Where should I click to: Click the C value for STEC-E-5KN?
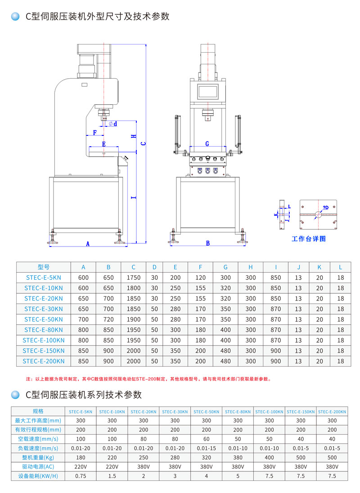tap(134, 278)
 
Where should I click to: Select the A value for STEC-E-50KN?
tap(84, 319)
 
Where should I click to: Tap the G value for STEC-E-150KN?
tap(225, 350)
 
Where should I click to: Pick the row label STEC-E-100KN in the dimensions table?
tap(44, 340)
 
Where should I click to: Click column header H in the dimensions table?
tap(251, 267)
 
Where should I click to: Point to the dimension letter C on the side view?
tap(143, 144)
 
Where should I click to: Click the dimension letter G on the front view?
tap(207, 144)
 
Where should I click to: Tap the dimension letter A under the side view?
tap(88, 244)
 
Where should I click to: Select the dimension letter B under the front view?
tap(208, 243)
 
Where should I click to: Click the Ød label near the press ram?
tap(112, 124)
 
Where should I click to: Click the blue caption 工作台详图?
tap(308, 238)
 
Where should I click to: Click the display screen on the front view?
tap(207, 91)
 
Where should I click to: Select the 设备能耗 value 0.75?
tap(81, 476)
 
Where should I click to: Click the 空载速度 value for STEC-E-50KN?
tap(206, 439)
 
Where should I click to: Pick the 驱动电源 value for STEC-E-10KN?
tap(112, 467)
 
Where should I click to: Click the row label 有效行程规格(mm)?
tap(38, 430)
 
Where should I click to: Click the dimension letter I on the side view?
tap(133, 197)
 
